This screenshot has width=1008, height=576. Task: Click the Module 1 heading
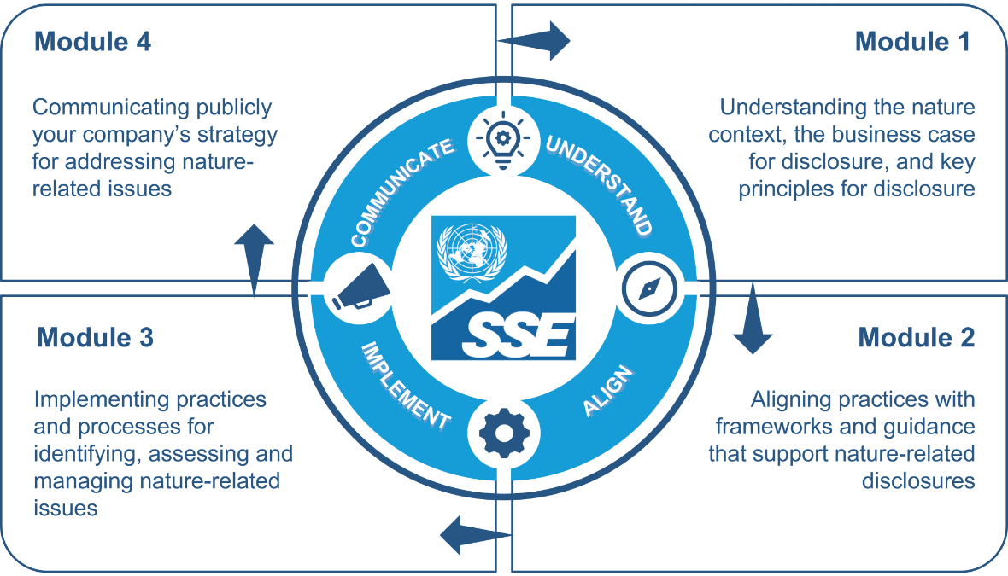[912, 42]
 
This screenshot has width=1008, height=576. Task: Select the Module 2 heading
[916, 337]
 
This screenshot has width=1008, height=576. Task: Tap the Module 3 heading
[95, 337]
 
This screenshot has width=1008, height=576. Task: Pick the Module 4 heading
[92, 42]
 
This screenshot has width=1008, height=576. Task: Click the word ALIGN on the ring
[608, 391]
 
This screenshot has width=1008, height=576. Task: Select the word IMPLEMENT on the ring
[405, 385]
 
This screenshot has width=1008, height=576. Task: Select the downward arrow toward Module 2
[753, 324]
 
